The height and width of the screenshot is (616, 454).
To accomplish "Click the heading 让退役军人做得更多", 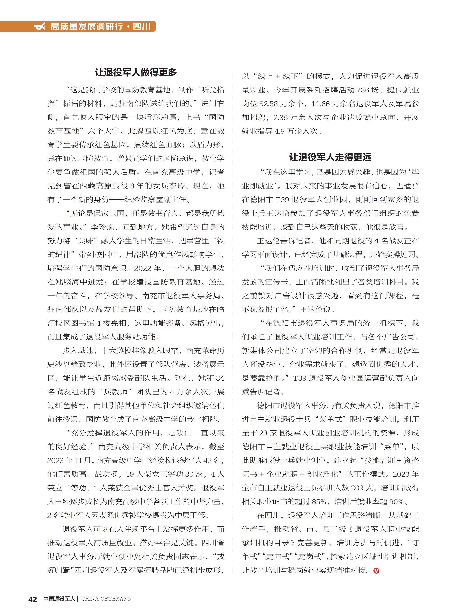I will click(x=136, y=72).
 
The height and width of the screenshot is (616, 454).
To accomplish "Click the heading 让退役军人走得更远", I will click(x=330, y=157).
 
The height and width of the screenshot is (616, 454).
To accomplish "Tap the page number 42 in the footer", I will click(x=33, y=599).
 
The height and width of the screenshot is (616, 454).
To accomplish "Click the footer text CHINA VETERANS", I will click(x=106, y=599).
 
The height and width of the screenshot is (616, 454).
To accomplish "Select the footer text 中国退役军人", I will click(x=59, y=599).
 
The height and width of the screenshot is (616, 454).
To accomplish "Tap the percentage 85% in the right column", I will click(x=319, y=501).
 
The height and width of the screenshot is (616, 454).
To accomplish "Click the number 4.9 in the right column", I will click(x=280, y=131).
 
